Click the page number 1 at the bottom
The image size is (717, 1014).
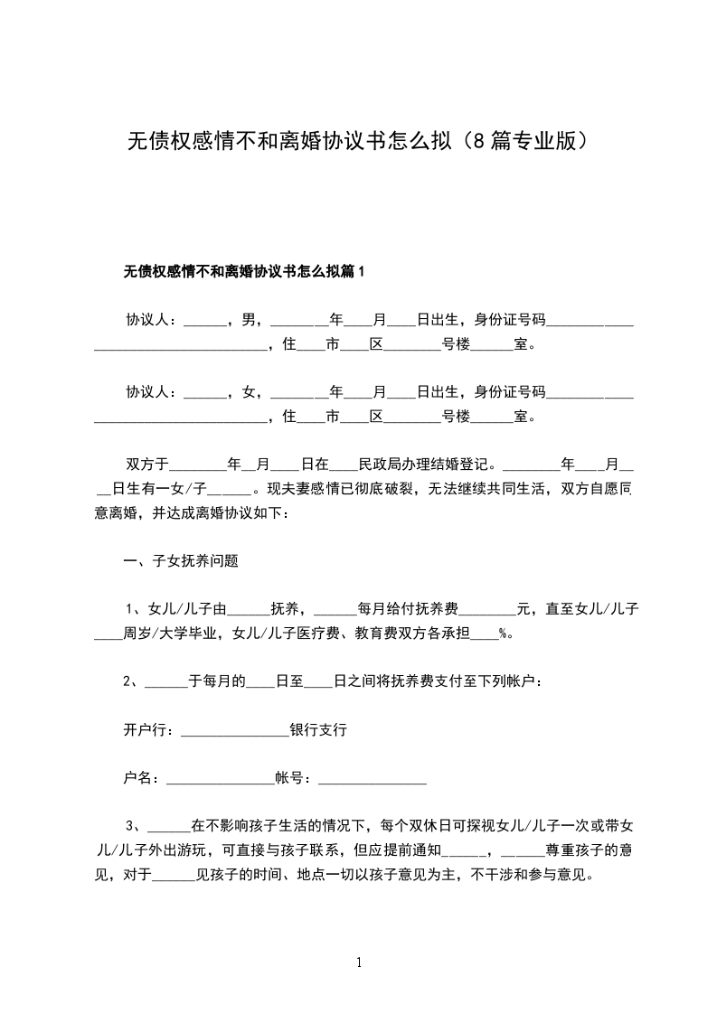click(359, 963)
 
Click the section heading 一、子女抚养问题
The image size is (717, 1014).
click(181, 560)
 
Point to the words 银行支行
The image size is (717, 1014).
click(317, 728)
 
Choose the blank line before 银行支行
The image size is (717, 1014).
click(234, 732)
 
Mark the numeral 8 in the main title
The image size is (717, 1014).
click(478, 142)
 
